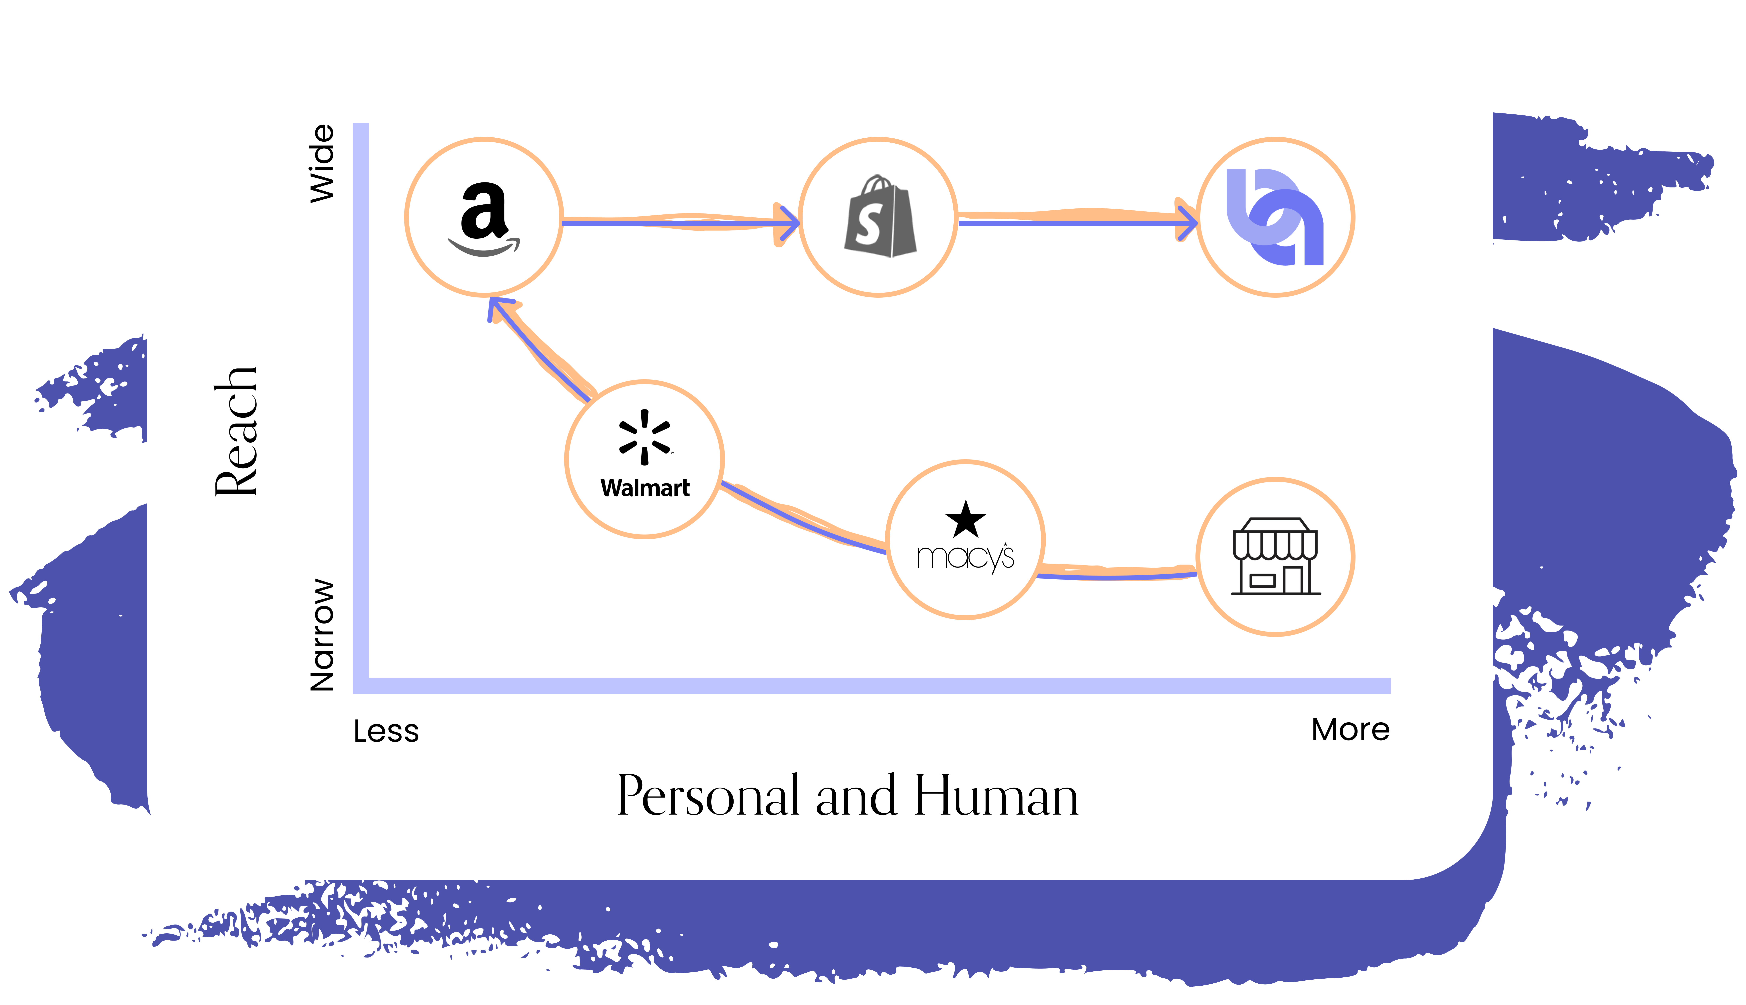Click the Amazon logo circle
click(x=484, y=217)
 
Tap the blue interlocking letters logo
click(x=1275, y=217)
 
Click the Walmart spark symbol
click(x=645, y=437)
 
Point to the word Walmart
click(x=645, y=488)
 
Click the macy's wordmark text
click(x=965, y=556)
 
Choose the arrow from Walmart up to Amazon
click(x=538, y=350)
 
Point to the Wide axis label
click(x=322, y=164)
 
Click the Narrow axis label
click(x=322, y=635)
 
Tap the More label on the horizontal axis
click(x=1350, y=730)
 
